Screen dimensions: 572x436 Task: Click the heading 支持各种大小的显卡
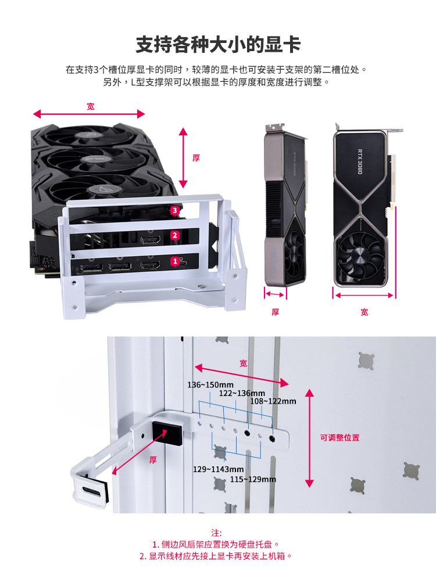(x=218, y=44)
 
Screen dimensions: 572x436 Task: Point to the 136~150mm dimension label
(x=210, y=385)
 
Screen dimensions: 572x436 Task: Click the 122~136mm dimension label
(x=242, y=393)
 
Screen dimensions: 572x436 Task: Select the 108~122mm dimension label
(x=273, y=401)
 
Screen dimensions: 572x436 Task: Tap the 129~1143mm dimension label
(x=218, y=469)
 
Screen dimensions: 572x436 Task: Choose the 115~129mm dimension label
(x=253, y=479)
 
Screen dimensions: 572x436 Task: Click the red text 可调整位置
(x=339, y=437)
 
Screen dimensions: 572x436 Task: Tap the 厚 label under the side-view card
(x=276, y=312)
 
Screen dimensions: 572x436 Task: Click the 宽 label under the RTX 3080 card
(x=364, y=312)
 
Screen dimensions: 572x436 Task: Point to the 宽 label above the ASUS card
(x=90, y=106)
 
